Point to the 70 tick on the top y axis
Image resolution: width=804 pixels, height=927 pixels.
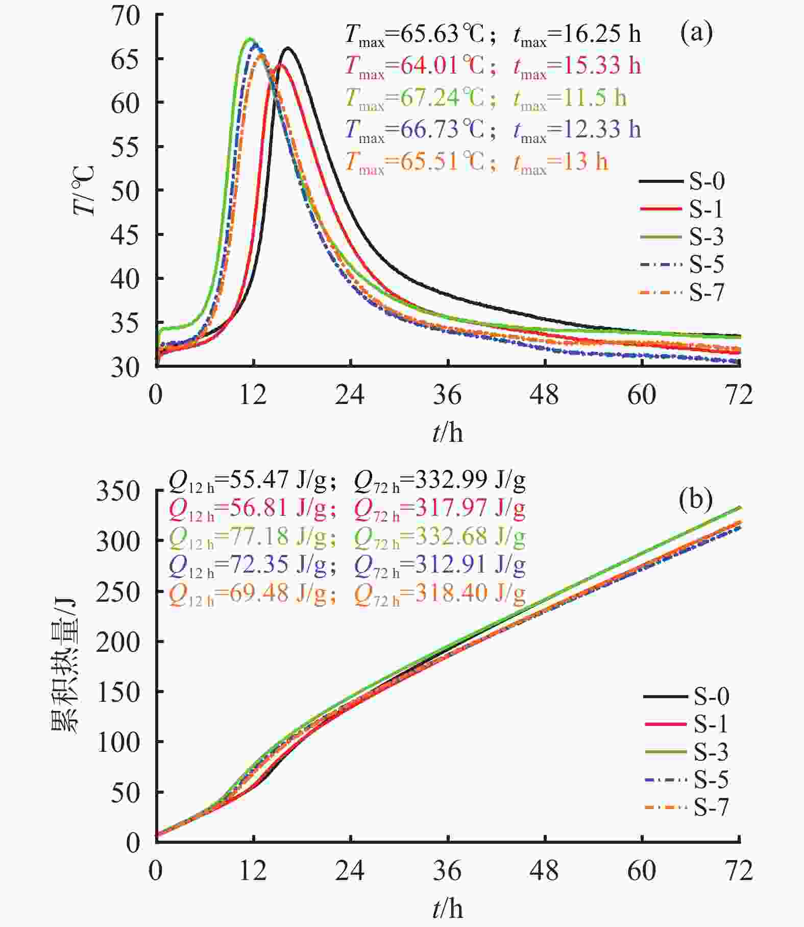pyautogui.click(x=125, y=15)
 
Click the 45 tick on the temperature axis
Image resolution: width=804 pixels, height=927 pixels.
pyautogui.click(x=125, y=235)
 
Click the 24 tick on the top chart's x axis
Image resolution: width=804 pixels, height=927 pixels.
pyautogui.click(x=350, y=395)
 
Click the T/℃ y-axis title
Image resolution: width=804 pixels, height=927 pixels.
pyautogui.click(x=84, y=191)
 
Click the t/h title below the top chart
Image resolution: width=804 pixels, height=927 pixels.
pyautogui.click(x=448, y=433)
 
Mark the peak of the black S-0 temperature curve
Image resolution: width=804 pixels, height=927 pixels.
pyautogui.click(x=288, y=48)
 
